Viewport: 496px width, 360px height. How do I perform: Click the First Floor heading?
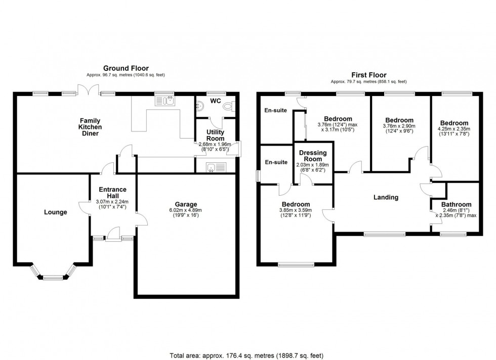(x=368, y=74)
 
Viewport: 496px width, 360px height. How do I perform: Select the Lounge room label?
(x=56, y=212)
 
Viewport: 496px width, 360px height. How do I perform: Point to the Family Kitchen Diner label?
(x=89, y=127)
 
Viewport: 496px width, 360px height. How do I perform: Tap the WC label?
(x=216, y=100)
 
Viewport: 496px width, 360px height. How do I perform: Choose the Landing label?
(x=386, y=197)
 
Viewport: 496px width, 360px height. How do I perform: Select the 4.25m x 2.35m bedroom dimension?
(x=454, y=129)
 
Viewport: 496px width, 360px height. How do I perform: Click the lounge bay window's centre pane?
(x=53, y=277)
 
